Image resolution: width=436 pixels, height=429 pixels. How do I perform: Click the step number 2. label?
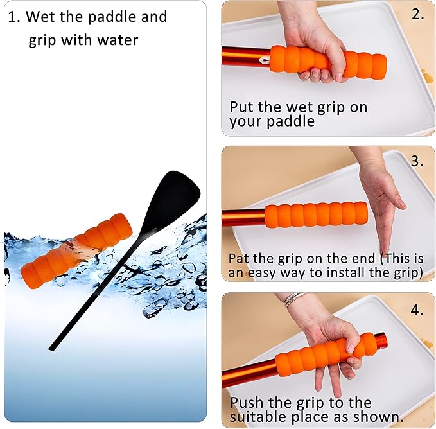click(418, 14)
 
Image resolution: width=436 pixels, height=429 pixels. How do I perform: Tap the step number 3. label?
click(417, 161)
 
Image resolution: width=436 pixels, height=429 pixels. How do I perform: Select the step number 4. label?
click(417, 310)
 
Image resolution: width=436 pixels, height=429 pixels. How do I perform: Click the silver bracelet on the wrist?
click(294, 299)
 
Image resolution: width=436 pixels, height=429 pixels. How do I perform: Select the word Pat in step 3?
click(240, 258)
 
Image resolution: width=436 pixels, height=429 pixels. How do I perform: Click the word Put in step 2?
click(242, 107)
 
